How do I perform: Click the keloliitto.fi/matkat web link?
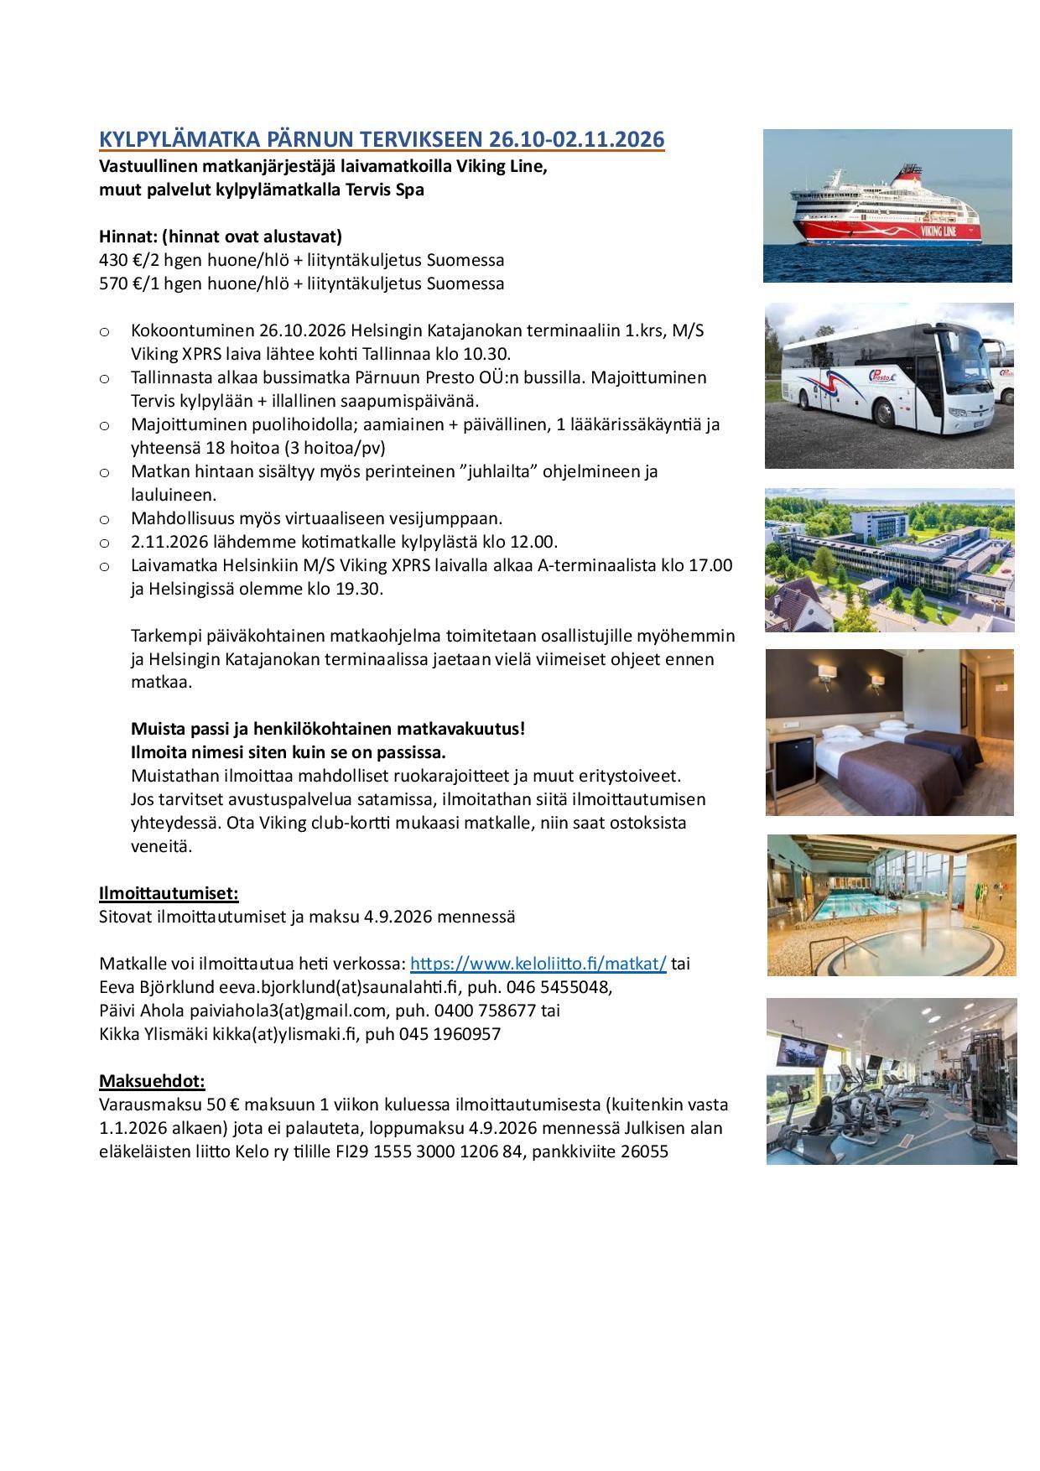click(x=538, y=964)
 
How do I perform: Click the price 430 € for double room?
click(x=117, y=260)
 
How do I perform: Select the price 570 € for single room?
click(x=117, y=283)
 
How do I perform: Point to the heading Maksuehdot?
click(x=152, y=1081)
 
